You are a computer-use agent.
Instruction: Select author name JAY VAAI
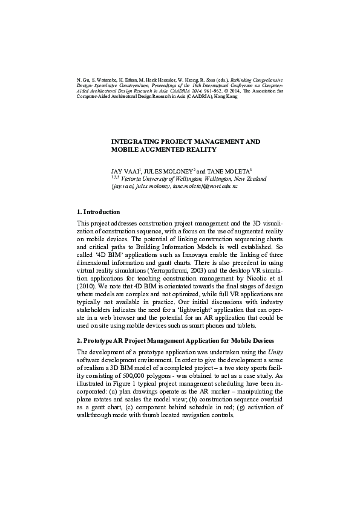point(124,172)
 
